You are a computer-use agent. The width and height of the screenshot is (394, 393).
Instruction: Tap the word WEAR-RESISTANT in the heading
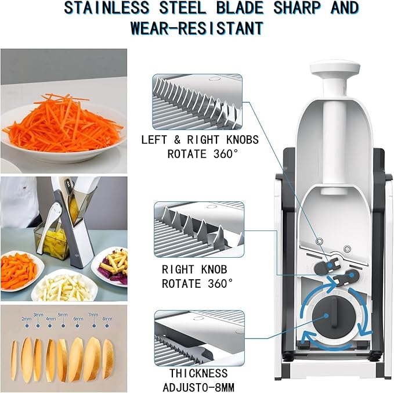[x=197, y=27]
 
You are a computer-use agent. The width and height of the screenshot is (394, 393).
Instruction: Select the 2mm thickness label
[x=27, y=319]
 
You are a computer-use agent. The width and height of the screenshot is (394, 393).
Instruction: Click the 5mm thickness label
[x=63, y=315]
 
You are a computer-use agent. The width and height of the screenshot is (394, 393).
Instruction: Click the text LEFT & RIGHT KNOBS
[x=200, y=140]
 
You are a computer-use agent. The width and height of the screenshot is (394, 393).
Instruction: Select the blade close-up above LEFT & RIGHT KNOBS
[x=197, y=102]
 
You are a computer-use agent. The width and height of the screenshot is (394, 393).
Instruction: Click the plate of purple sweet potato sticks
[x=110, y=266]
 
